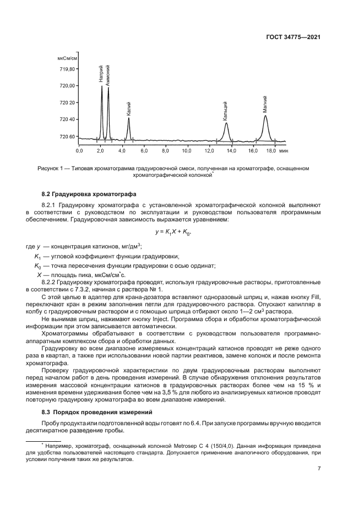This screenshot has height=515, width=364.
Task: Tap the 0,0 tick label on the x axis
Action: [79, 150]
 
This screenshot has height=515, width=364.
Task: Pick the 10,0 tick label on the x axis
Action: [187, 150]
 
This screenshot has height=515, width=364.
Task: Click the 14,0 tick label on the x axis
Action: [230, 150]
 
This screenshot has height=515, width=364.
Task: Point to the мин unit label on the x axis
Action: [284, 150]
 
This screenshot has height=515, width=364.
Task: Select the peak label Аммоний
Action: [108, 74]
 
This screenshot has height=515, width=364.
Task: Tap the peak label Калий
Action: [129, 107]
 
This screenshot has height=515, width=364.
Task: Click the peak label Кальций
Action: [226, 111]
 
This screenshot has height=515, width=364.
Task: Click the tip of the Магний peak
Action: [265, 116]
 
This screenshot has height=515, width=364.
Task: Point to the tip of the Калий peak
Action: [129, 118]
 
